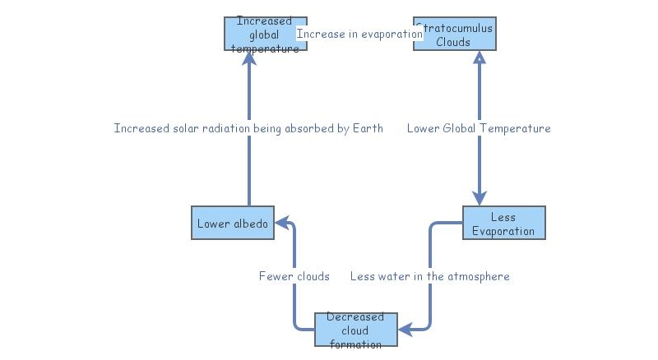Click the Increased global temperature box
pos(266,34)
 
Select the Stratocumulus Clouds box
pos(454,34)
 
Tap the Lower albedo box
pos(233,223)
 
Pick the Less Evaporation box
pos(503,223)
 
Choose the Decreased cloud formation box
pos(355,330)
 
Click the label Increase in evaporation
pos(359,34)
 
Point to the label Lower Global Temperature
pos(479,128)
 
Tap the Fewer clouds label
pos(294,276)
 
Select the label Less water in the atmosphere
pos(429,276)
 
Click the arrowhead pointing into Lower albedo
pos(281,223)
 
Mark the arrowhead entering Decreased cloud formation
pos(405,330)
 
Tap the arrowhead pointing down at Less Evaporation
pos(480,199)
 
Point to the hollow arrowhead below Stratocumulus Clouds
pos(480,58)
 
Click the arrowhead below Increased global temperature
pos(248,58)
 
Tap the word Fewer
pos(274,276)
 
